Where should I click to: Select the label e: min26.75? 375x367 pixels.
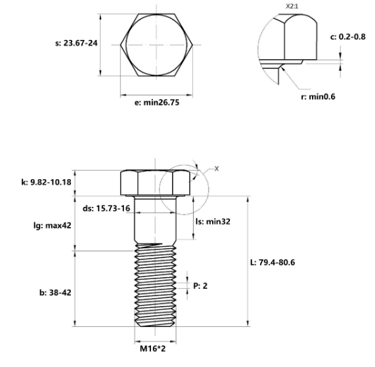155,103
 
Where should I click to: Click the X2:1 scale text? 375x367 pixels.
293,7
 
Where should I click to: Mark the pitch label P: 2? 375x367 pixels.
200,286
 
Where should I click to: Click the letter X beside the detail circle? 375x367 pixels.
217,169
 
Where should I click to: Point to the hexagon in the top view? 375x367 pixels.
156,45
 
